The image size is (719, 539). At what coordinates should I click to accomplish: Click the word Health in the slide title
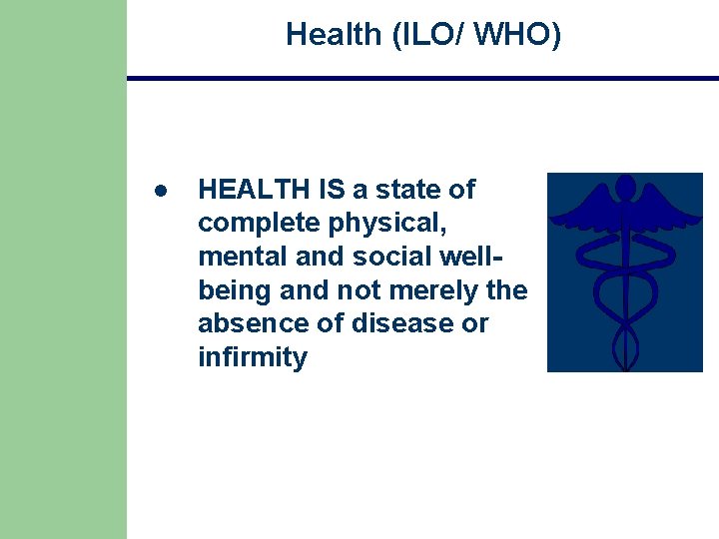333,34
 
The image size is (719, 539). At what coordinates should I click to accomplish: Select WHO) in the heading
517,34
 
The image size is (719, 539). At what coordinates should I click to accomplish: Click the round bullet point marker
159,190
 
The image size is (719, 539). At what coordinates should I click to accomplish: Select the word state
397,189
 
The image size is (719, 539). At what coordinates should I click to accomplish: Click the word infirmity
253,357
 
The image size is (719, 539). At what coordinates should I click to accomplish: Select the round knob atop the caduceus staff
625,186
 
